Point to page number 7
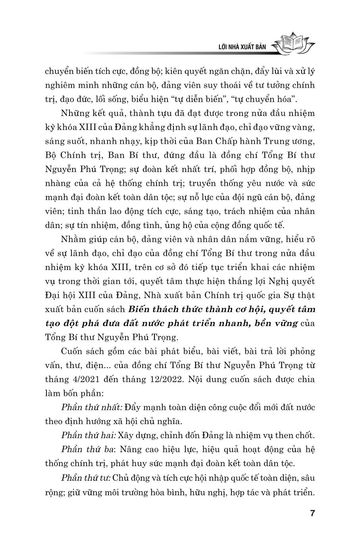[x=312, y=513]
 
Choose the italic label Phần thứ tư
[x=85, y=477]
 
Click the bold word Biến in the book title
[x=141, y=309]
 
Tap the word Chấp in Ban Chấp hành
[x=218, y=141]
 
